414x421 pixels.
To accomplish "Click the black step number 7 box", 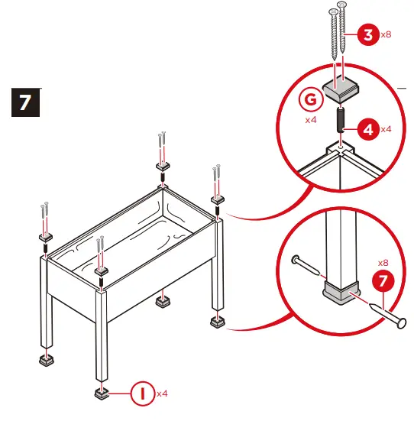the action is pyautogui.click(x=25, y=102).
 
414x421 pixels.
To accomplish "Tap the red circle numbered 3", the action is pyautogui.click(x=368, y=34).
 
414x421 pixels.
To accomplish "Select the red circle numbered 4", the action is pyautogui.click(x=368, y=129).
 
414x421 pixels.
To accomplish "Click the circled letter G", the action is pyautogui.click(x=311, y=99).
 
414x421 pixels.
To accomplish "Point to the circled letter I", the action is pyautogui.click(x=143, y=394).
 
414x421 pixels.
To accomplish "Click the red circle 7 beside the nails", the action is pyautogui.click(x=383, y=281).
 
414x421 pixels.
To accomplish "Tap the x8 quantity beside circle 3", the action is pyautogui.click(x=386, y=34).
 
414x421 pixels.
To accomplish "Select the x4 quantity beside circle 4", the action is pyautogui.click(x=386, y=129).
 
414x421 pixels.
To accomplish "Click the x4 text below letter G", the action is pyautogui.click(x=311, y=120).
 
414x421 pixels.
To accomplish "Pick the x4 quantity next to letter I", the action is pyautogui.click(x=162, y=394).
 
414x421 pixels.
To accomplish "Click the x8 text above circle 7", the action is pyautogui.click(x=383, y=263).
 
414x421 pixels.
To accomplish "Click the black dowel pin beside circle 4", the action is pyautogui.click(x=341, y=119).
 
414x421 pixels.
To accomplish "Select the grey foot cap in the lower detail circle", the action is pyautogui.click(x=341, y=293).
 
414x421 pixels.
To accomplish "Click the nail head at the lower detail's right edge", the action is pyautogui.click(x=401, y=323).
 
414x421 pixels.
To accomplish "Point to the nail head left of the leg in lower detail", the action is pyautogui.click(x=296, y=259).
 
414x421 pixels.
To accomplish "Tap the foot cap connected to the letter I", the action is pyautogui.click(x=102, y=393).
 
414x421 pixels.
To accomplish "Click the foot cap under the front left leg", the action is pyautogui.click(x=47, y=360).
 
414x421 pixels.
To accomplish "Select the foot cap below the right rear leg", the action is pyautogui.click(x=218, y=322).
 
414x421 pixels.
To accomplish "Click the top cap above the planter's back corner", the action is pyautogui.click(x=163, y=167).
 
